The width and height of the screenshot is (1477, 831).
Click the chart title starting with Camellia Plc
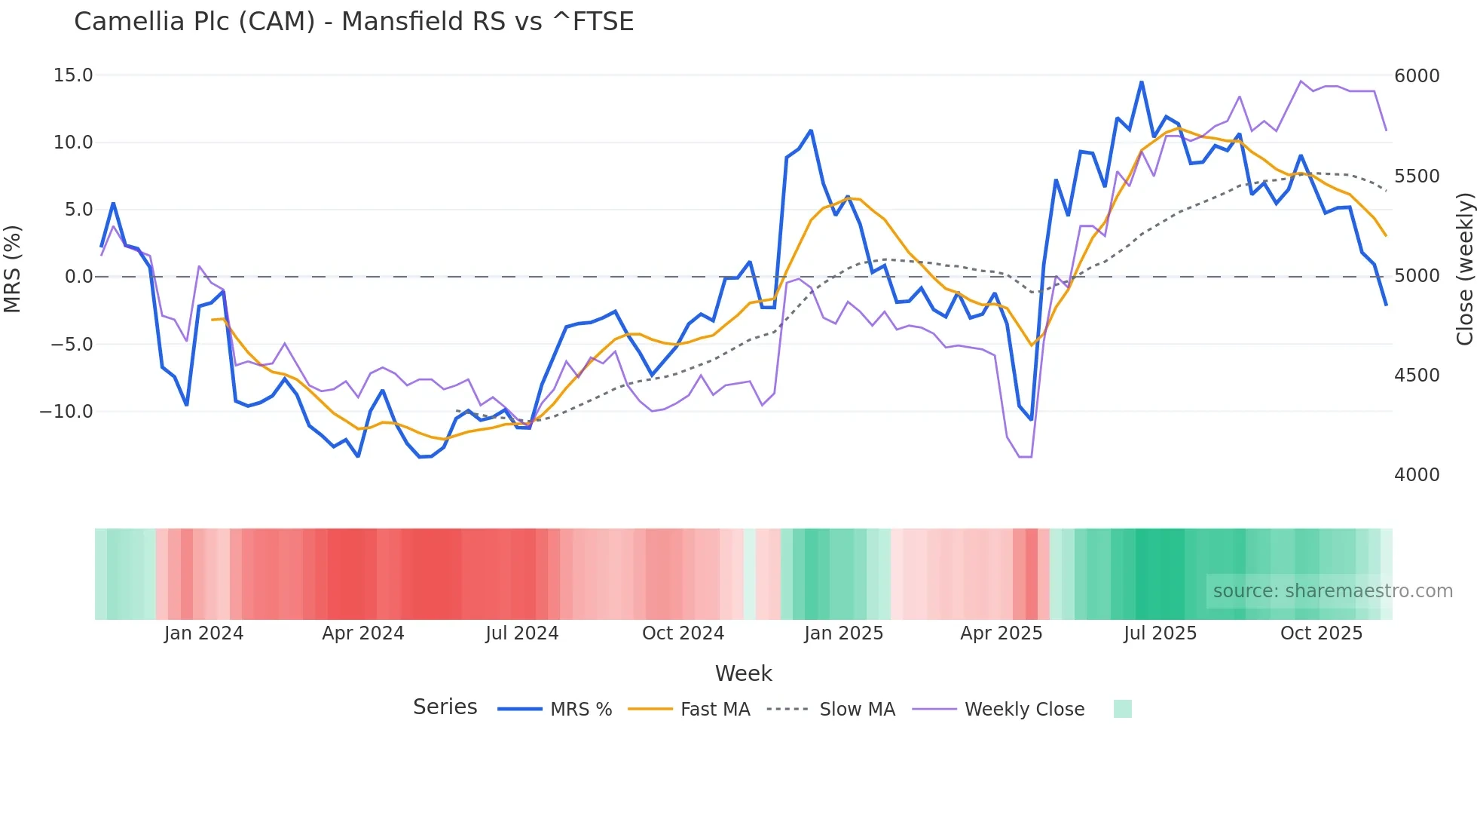point(353,22)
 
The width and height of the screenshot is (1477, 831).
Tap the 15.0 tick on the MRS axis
point(72,75)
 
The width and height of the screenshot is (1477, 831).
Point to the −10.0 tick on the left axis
point(66,412)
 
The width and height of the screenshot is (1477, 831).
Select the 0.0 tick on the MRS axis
point(78,277)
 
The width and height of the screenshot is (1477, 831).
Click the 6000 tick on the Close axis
point(1417,75)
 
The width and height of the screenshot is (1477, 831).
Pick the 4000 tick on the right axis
point(1417,475)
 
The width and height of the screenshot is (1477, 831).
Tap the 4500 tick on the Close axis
point(1417,376)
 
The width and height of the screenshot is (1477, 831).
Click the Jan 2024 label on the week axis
point(203,633)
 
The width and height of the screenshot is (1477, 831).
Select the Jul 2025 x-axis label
point(1160,633)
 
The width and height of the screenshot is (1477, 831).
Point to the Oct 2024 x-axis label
point(683,633)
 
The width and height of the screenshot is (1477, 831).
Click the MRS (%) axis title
point(13,269)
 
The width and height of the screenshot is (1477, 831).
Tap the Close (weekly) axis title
point(1464,269)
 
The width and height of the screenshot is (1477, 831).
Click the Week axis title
point(743,673)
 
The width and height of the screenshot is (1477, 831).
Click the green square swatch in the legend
point(1122,709)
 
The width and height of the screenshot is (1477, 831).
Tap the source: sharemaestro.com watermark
point(1332,591)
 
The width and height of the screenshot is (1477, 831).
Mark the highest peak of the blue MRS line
point(1142,82)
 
